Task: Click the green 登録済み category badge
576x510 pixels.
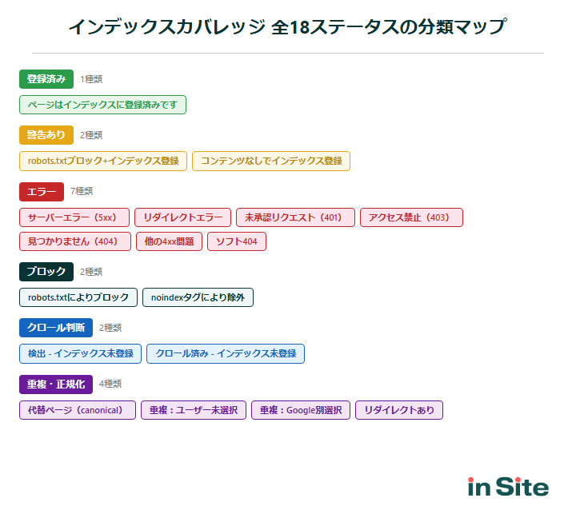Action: (46, 79)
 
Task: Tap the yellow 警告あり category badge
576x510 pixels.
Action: (46, 135)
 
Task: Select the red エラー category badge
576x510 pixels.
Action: (42, 192)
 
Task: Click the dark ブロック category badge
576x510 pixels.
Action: (46, 272)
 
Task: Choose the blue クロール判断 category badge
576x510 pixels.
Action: (56, 328)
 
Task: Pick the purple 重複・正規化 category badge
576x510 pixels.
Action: (56, 384)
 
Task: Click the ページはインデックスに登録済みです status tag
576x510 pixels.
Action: (102, 105)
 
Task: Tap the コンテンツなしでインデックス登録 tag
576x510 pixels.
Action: (271, 161)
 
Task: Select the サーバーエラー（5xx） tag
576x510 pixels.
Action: (74, 217)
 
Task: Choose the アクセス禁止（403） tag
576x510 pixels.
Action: (411, 217)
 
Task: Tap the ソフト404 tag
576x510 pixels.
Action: (236, 241)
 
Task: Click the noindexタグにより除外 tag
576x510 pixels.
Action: (198, 297)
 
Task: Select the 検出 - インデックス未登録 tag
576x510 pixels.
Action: (80, 353)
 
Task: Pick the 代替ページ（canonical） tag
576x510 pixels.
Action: (78, 410)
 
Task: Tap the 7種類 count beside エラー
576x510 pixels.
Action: (82, 192)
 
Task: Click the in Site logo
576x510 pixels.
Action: (508, 486)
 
